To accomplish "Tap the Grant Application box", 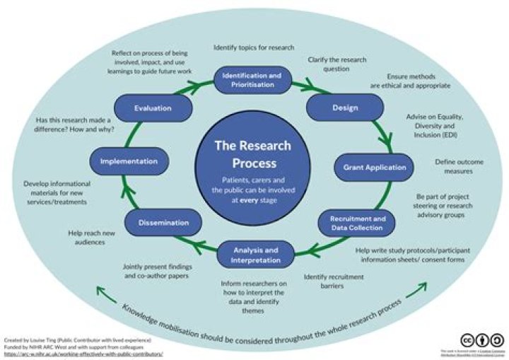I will coord(374,168).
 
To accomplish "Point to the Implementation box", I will coord(128,161).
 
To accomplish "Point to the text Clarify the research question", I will coord(336,65).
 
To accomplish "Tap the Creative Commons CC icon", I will coord(467,339).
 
